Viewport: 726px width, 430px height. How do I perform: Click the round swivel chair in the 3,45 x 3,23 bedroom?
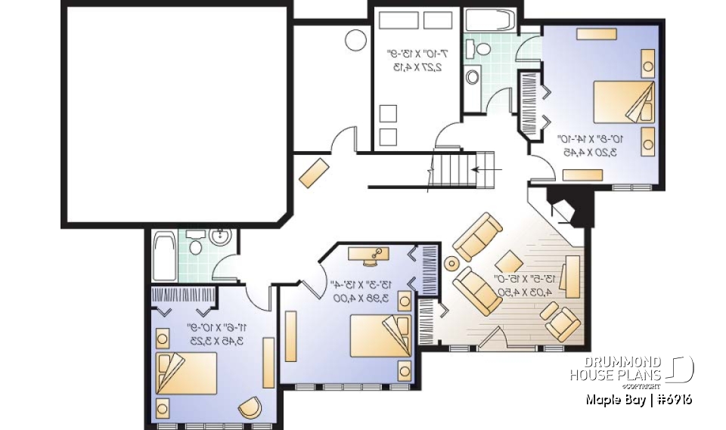(x=250, y=407)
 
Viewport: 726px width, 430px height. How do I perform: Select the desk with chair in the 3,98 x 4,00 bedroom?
(x=370, y=255)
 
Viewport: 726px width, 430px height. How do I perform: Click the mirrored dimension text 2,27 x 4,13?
(x=417, y=60)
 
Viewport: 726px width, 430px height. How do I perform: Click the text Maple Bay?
(x=613, y=399)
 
